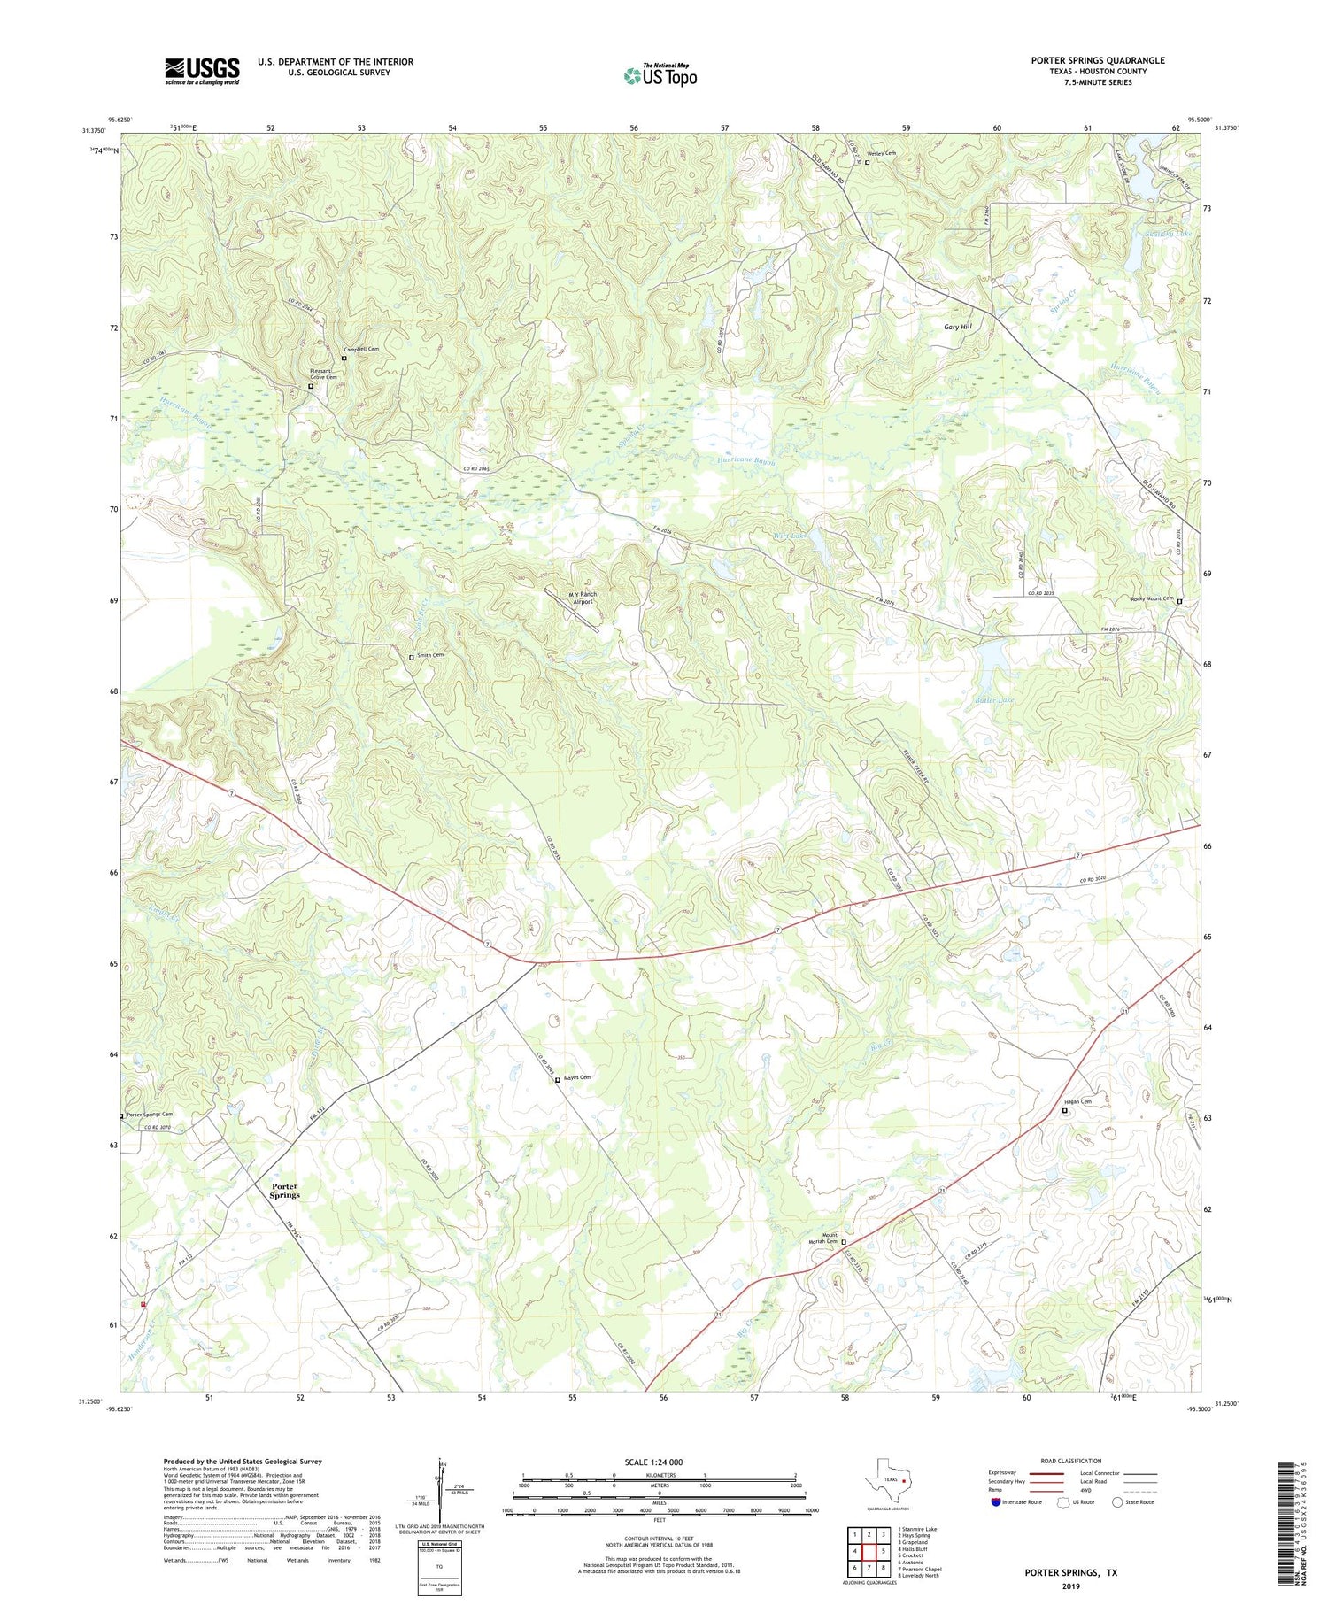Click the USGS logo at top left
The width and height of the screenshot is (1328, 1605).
pos(202,71)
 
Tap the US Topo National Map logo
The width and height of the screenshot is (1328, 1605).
pos(660,75)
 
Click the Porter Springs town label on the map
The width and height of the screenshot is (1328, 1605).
pos(285,1190)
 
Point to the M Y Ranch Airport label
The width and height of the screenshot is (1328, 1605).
pos(583,598)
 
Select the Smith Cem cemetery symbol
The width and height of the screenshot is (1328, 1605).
pos(411,657)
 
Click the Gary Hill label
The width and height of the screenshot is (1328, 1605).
pos(957,327)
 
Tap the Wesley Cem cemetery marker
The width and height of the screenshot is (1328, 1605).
pos(867,163)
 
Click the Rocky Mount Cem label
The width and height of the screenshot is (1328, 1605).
pos(1151,599)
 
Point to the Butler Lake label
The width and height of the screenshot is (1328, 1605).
pos(994,699)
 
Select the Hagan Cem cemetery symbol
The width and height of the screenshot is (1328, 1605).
pos(1065,1110)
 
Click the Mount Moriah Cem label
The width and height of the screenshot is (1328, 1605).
pos(829,1238)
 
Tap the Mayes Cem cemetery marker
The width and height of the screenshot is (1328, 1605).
pos(557,1079)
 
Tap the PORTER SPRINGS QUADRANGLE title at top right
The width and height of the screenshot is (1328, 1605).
pos(1097,60)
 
